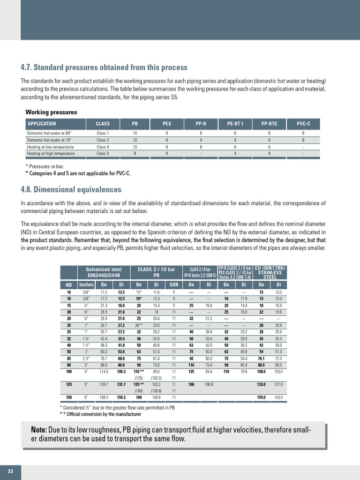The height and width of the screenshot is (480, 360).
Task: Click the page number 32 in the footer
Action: coord(10,471)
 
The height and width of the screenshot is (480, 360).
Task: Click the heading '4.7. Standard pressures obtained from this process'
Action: coord(104,67)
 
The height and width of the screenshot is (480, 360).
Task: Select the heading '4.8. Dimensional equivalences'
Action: coord(71,189)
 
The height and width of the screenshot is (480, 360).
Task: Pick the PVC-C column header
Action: coord(303,124)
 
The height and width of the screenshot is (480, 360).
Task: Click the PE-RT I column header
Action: coord(235,124)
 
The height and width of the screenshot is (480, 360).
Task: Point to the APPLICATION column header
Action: coord(42,124)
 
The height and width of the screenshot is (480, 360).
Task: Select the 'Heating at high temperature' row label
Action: coord(51,153)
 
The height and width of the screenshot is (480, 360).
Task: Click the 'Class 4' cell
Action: coord(103,147)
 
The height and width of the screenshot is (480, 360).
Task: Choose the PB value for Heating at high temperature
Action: coord(135,153)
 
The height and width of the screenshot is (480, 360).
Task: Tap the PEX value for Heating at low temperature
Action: coord(166,147)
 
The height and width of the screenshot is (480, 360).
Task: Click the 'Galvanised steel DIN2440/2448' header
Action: coord(104,272)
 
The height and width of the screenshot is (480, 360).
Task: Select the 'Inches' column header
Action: coord(86,285)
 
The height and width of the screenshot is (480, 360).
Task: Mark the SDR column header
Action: coord(173,285)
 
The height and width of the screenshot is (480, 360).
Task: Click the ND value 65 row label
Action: coord(68,358)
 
